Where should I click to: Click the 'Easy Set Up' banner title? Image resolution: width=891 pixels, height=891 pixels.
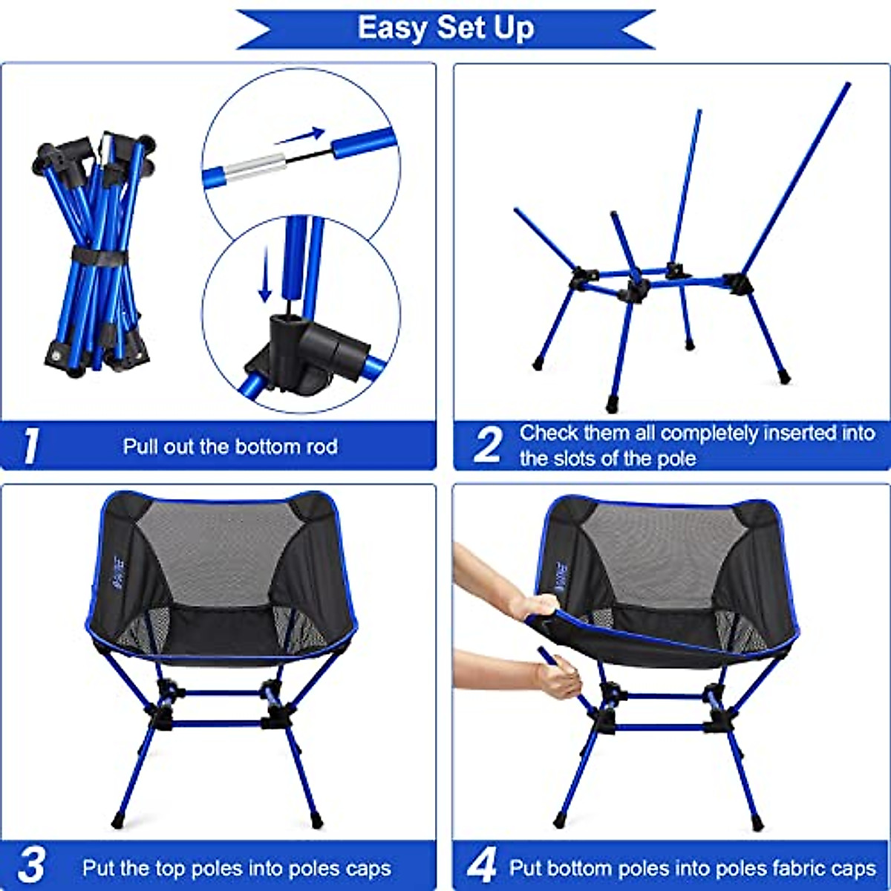click(x=446, y=28)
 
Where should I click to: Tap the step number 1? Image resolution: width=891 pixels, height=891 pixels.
click(x=30, y=446)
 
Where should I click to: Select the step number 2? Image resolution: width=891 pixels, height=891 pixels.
click(x=488, y=446)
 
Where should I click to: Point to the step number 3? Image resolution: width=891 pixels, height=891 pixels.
click(x=31, y=866)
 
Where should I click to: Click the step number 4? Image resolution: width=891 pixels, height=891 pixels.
click(x=481, y=866)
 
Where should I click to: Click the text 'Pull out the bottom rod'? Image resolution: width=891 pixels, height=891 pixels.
click(x=230, y=446)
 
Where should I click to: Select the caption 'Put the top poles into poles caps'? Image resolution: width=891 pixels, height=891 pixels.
click(x=236, y=868)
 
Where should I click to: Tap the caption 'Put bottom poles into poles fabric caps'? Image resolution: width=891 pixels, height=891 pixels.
click(x=692, y=868)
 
